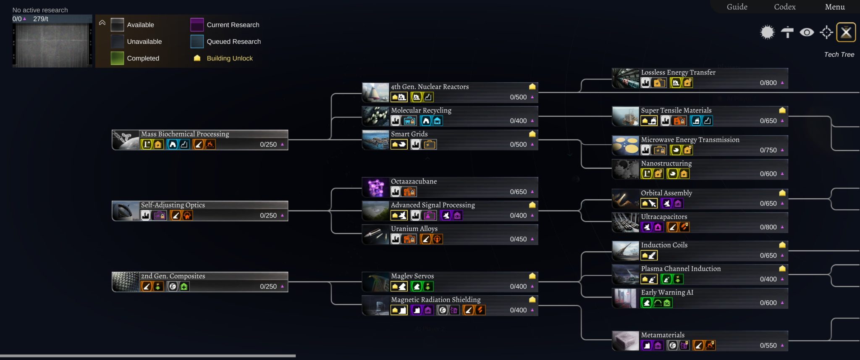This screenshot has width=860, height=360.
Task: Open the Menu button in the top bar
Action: point(834,7)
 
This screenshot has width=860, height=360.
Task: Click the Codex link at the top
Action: point(784,7)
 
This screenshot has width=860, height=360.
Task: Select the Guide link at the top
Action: point(737,7)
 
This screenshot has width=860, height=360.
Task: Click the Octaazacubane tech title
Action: point(414,181)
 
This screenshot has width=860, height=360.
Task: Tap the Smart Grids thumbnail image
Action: point(375,140)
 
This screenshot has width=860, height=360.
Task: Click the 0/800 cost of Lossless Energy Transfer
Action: point(768,83)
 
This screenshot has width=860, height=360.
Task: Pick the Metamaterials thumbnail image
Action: point(625,341)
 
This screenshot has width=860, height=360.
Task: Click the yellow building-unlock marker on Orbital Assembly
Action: point(782,193)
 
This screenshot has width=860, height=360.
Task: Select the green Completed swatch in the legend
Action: point(117,58)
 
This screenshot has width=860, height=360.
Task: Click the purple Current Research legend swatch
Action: point(197,25)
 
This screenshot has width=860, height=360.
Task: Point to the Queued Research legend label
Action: point(233,42)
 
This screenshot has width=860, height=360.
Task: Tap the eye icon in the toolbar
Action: point(807,32)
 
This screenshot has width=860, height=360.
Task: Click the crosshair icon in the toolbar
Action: point(826,32)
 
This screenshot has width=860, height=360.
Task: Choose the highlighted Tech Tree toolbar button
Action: point(846,32)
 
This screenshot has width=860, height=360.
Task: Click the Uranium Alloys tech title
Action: point(414,229)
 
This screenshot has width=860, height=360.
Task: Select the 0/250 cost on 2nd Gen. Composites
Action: point(268,286)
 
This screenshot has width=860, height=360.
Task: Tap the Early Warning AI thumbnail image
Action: point(625,298)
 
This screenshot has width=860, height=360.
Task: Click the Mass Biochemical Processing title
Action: point(185,134)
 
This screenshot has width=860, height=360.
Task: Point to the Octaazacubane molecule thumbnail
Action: point(375,187)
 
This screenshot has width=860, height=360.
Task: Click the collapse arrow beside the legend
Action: point(102,23)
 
